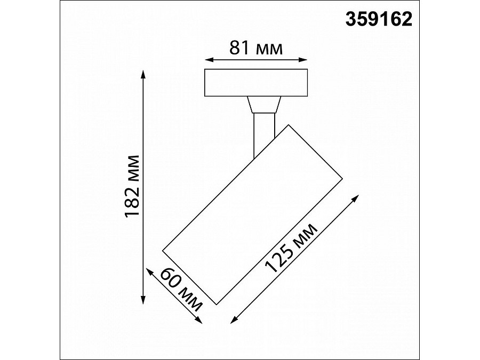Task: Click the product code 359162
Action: (379, 20)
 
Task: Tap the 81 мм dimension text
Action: (255, 49)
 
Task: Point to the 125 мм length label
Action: (291, 249)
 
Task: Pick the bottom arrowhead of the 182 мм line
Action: (143, 301)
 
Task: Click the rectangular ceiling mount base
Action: (256, 83)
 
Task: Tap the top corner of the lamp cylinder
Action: (289, 125)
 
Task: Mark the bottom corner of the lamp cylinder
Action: (215, 304)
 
